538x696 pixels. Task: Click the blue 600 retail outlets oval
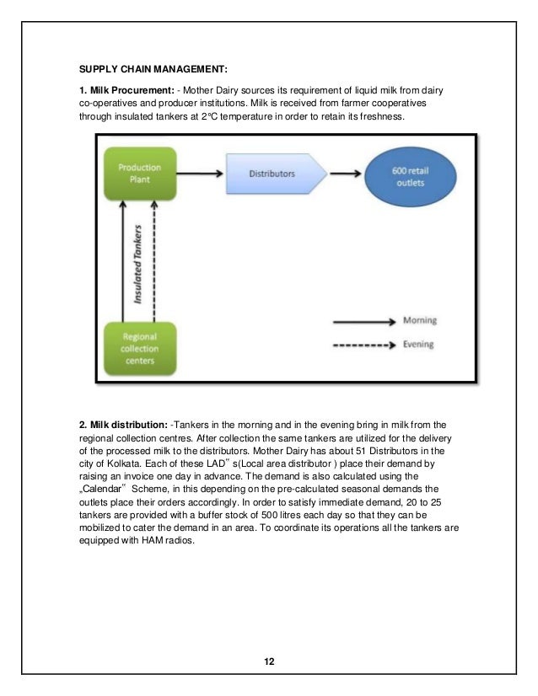(x=406, y=176)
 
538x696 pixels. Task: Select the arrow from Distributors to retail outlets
(x=347, y=175)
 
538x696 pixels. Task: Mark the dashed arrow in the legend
(x=364, y=345)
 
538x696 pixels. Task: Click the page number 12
(x=269, y=661)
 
